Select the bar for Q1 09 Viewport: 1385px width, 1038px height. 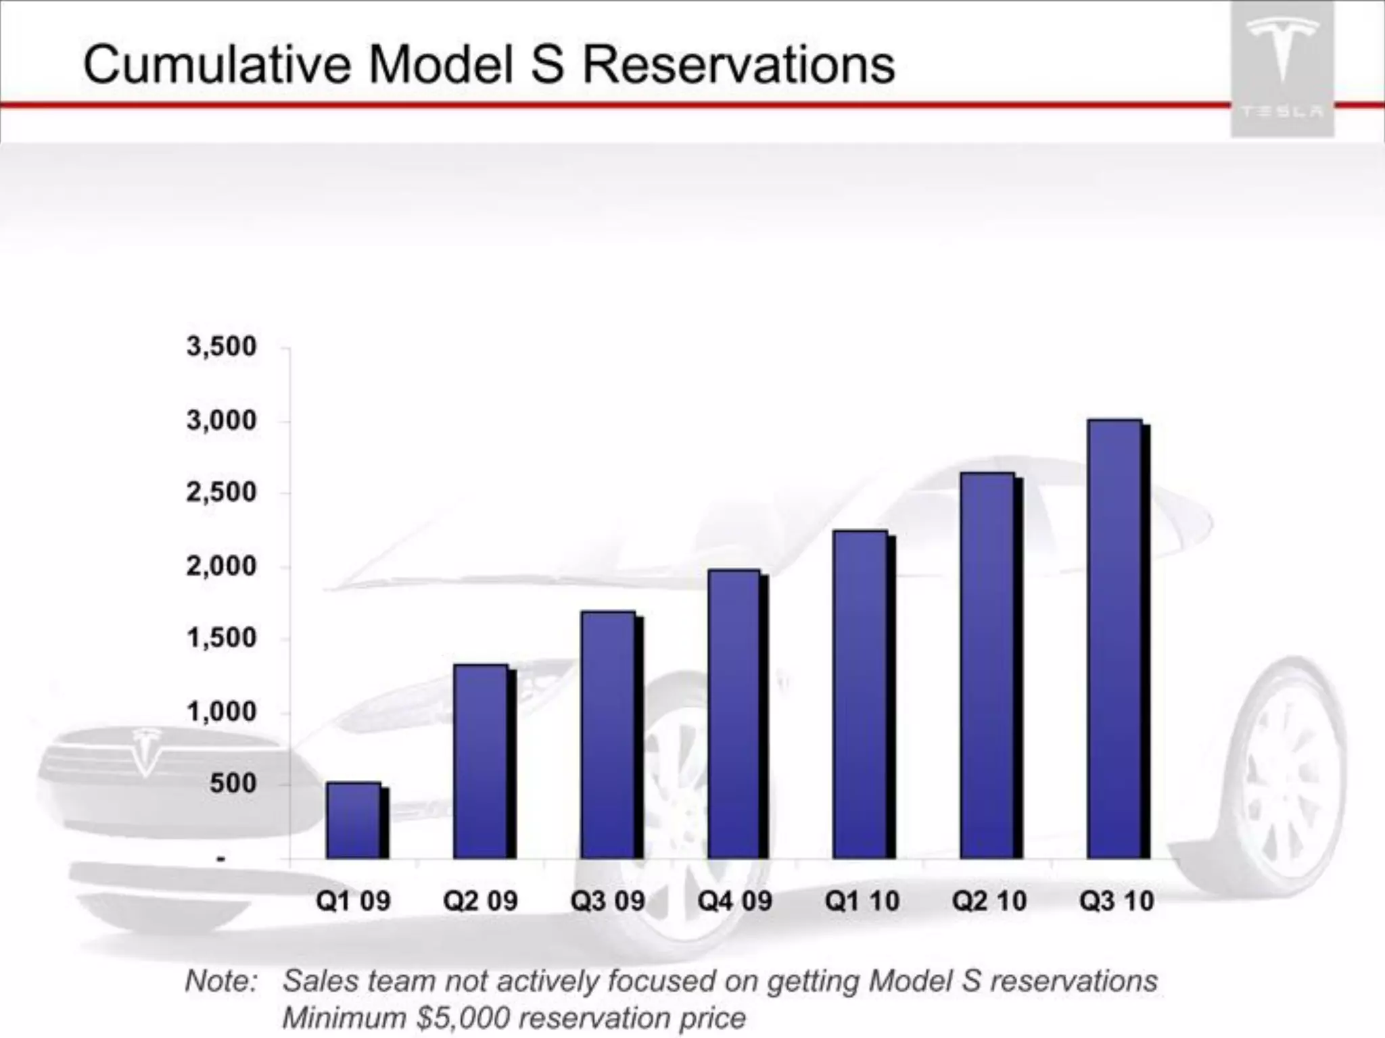(353, 820)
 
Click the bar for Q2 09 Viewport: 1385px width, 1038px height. (481, 762)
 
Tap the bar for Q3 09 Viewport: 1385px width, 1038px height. (608, 735)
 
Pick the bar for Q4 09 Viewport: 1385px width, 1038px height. (734, 714)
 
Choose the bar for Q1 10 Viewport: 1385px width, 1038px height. (860, 694)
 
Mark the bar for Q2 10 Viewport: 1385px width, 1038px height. (987, 666)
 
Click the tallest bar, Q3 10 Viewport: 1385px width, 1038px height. (1114, 639)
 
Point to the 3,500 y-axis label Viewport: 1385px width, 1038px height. (222, 347)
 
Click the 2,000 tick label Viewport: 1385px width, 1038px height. (222, 566)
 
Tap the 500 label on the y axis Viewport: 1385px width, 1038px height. (233, 784)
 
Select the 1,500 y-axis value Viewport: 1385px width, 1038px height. (222, 638)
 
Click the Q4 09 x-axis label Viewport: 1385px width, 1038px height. (734, 901)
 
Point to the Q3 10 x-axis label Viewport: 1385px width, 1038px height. (1116, 901)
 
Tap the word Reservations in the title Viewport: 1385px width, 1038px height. (738, 65)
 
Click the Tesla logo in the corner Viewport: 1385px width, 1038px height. (1282, 68)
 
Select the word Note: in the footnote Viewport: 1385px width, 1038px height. (221, 981)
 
